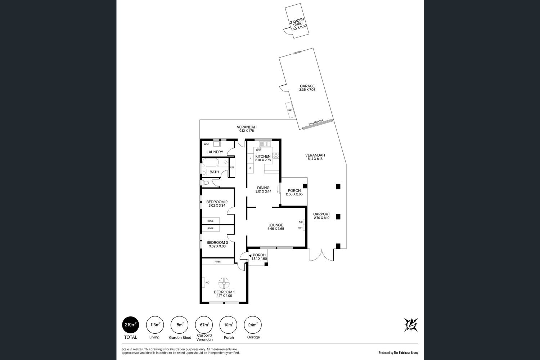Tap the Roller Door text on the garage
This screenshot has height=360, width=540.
pyautogui.click(x=316, y=122)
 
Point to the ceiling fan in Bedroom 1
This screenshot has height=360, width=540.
pyautogui.click(x=224, y=283)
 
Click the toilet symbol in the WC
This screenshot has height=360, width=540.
pyautogui.click(x=205, y=183)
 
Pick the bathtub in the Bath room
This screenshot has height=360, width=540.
pyautogui.click(x=210, y=162)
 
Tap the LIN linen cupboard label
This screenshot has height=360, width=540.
pyautogui.click(x=232, y=167)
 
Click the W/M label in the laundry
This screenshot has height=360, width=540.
pyautogui.click(x=206, y=144)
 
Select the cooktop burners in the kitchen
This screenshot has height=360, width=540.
pyautogui.click(x=275, y=155)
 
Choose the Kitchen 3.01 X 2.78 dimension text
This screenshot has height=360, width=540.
pyautogui.click(x=263, y=160)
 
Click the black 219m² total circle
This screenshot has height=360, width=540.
pyautogui.click(x=130, y=325)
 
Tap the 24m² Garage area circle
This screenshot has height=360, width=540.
pyautogui.click(x=253, y=325)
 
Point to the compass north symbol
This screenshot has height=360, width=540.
pyautogui.click(x=411, y=325)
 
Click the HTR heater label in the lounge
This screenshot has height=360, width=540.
pyautogui.click(x=300, y=228)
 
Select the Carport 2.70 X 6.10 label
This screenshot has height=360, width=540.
pyautogui.click(x=321, y=216)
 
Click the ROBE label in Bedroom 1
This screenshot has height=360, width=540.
pyautogui.click(x=217, y=262)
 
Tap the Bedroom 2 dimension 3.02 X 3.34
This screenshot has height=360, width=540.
pyautogui.click(x=217, y=206)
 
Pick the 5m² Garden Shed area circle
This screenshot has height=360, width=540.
pyautogui.click(x=179, y=325)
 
